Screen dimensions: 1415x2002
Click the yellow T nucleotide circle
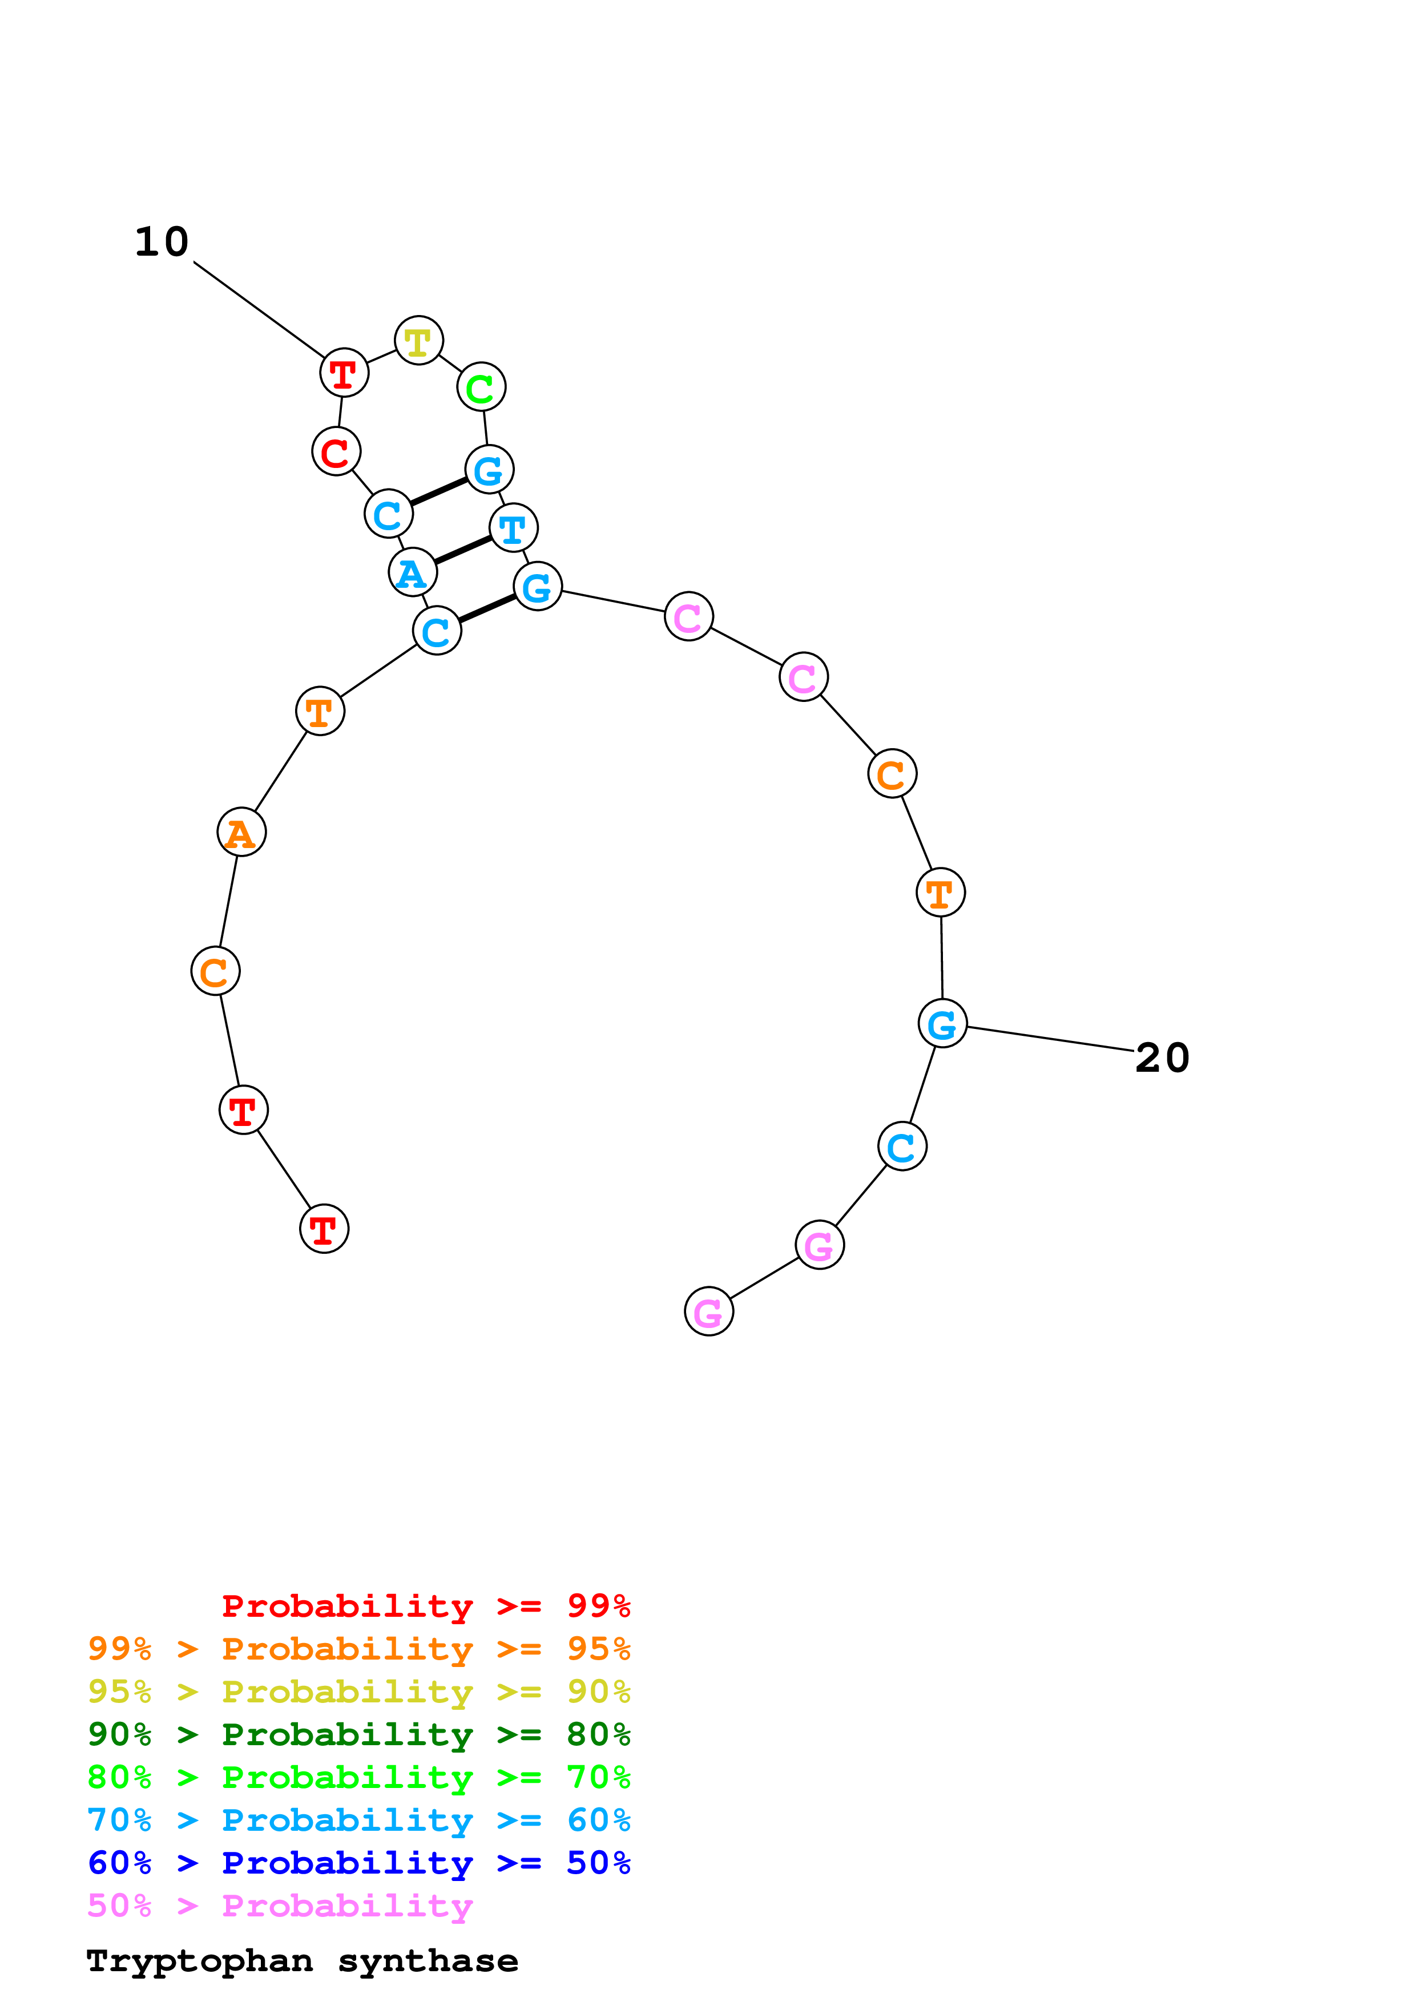418,340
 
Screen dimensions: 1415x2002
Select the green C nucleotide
481,386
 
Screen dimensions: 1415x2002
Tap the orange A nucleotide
241,832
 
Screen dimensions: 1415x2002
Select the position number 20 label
1162,1057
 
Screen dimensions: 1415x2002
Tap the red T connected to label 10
344,373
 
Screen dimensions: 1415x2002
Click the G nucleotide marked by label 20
942,1024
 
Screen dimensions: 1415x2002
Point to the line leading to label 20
1051,1039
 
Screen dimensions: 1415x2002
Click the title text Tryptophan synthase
301,1961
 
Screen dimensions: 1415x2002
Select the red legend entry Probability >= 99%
425,1605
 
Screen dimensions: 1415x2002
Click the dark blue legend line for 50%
358,1863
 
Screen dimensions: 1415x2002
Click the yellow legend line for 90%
358,1692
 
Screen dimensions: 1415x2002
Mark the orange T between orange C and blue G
941,893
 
